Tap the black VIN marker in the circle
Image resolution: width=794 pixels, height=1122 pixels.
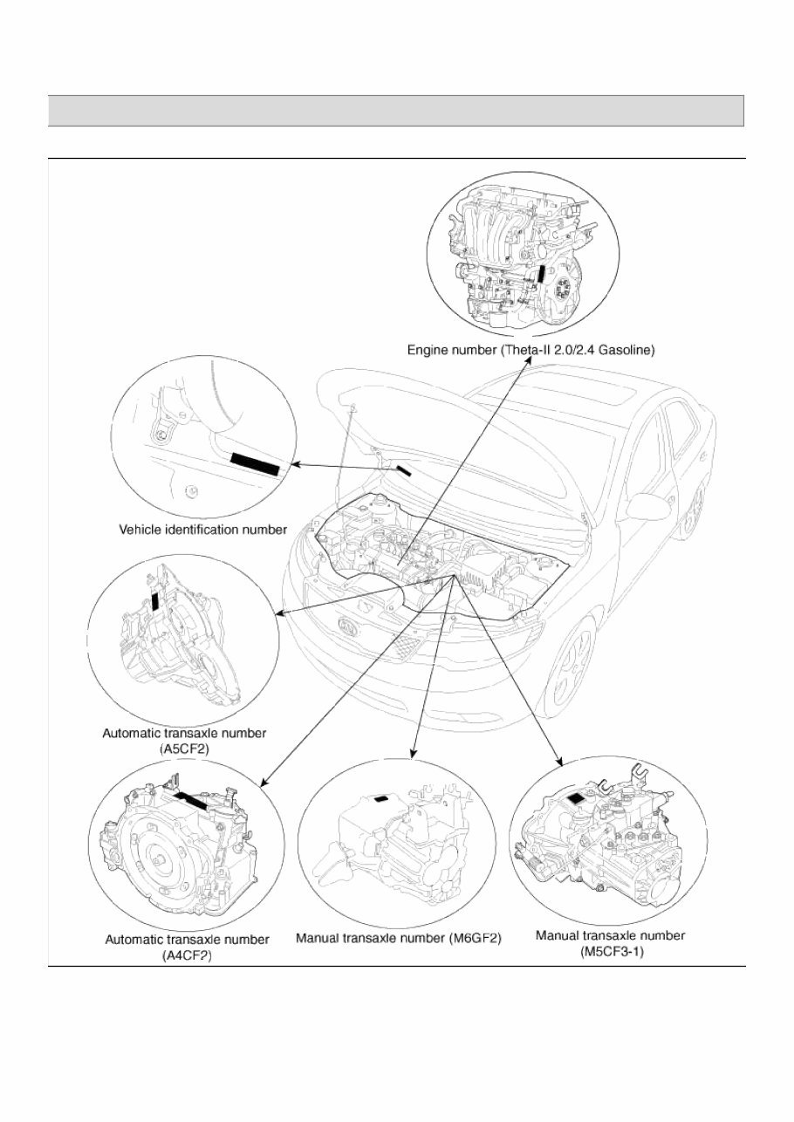(254, 464)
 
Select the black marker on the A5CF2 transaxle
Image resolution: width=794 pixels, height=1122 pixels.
(155, 599)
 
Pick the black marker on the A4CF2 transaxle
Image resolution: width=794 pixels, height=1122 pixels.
(191, 800)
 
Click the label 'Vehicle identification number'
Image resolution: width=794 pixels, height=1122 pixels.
(202, 529)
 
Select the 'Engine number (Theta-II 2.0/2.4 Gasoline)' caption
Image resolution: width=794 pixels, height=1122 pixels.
(530, 350)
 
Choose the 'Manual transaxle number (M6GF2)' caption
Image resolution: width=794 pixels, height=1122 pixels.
(399, 939)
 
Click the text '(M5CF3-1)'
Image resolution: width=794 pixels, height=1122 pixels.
(610, 952)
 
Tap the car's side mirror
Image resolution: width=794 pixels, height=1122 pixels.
(647, 507)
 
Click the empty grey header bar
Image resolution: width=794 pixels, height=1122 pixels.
(396, 111)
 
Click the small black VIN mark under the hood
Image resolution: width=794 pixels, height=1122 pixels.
(404, 471)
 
